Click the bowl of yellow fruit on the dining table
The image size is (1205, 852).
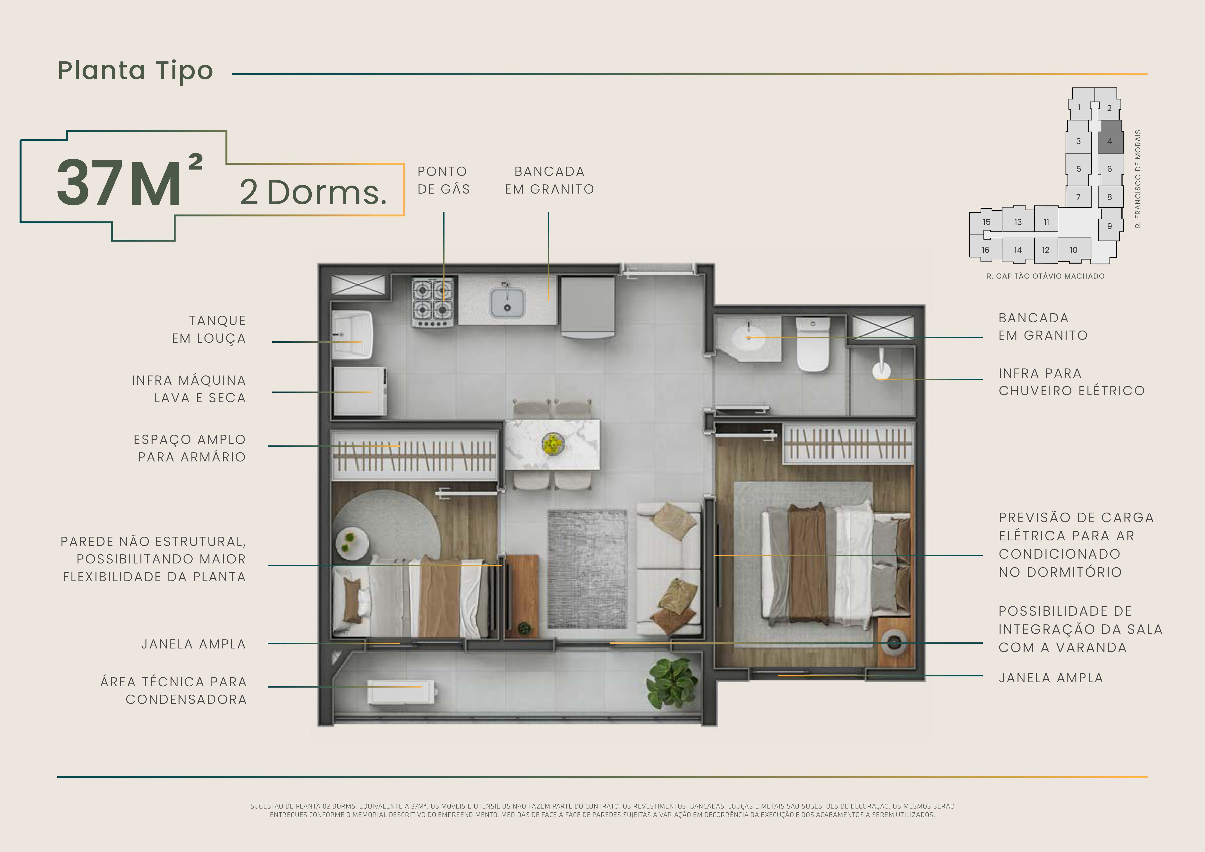(553, 444)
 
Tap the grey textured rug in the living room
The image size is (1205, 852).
(587, 569)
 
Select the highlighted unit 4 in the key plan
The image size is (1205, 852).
(1110, 141)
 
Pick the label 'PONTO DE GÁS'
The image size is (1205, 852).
(444, 180)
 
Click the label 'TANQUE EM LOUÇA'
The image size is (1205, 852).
(209, 330)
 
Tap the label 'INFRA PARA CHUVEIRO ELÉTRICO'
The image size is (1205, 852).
(1071, 382)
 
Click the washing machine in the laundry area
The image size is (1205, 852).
(359, 391)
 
